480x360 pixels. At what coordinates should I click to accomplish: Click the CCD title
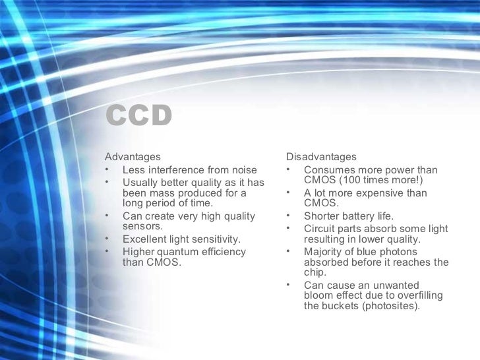pos(138,117)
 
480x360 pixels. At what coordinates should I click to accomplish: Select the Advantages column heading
pos(133,157)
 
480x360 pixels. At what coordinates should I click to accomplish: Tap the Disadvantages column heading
pos(321,157)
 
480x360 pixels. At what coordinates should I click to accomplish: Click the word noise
pos(243,170)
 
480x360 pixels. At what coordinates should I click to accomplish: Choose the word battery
pos(358,216)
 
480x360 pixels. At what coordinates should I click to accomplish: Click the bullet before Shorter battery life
pos(289,216)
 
